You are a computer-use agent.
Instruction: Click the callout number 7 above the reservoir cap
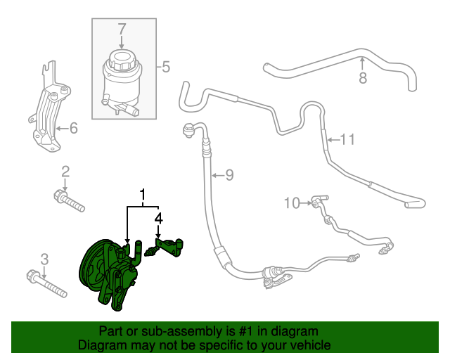(x=122, y=29)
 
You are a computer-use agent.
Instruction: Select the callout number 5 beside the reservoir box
(x=166, y=67)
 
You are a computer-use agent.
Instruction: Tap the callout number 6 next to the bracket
(x=72, y=128)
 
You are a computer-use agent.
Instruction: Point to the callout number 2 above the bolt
(x=65, y=172)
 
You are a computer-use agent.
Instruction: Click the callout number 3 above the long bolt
(x=44, y=259)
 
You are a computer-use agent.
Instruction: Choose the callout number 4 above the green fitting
(x=159, y=219)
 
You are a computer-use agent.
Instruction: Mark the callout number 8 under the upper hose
(x=363, y=78)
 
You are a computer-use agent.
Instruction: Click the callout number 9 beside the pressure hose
(x=229, y=175)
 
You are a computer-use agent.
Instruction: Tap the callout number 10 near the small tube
(x=292, y=203)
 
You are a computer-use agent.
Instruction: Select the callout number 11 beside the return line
(x=347, y=139)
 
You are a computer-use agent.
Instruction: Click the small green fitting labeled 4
(x=169, y=246)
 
